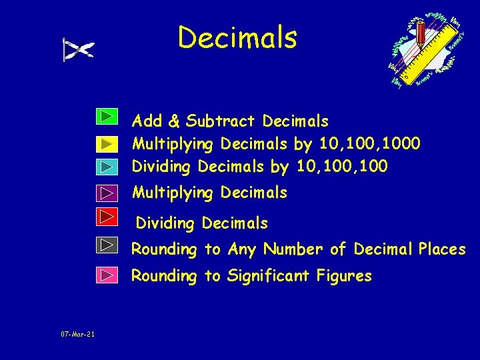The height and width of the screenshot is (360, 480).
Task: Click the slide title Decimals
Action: [237, 37]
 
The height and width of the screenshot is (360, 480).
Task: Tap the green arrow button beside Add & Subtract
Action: [105, 117]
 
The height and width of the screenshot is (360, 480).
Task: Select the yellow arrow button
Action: [105, 143]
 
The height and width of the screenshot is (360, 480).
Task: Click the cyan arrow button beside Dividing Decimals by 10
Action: [105, 166]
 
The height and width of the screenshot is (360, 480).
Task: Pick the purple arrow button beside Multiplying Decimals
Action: [105, 193]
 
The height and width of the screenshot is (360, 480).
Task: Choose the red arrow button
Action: [105, 216]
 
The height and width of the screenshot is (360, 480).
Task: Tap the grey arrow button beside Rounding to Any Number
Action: [105, 245]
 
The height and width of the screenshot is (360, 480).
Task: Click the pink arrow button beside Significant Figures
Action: [105, 274]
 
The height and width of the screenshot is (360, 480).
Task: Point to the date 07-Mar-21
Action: [77, 334]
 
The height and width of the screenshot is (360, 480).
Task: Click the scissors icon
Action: [78, 49]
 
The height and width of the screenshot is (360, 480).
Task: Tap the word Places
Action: [442, 249]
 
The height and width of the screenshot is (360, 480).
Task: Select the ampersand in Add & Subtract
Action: [174, 121]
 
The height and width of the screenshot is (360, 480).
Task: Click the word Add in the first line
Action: [147, 121]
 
